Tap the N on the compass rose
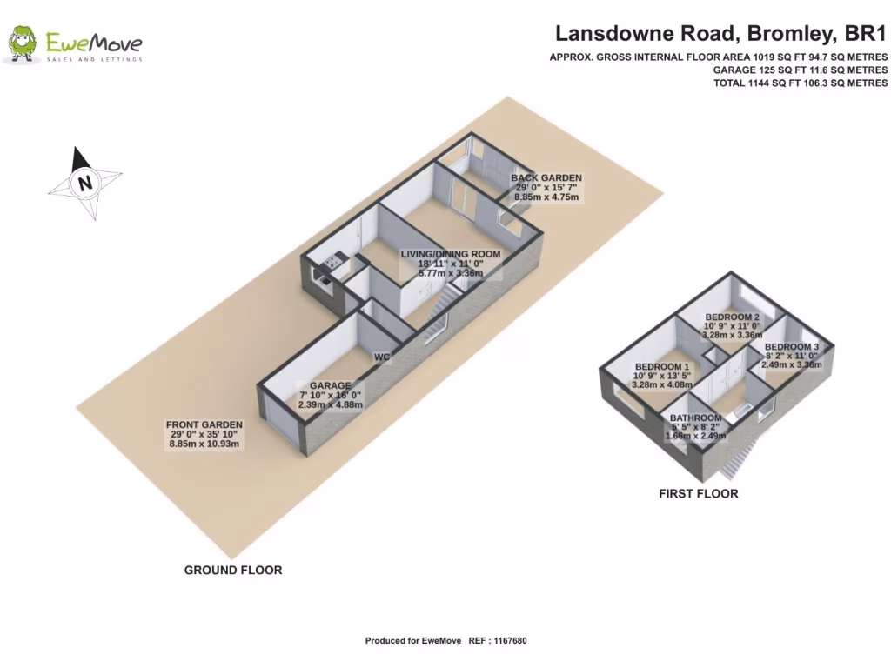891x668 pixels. click(84, 184)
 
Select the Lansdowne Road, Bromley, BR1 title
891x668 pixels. click(721, 33)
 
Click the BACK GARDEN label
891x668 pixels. click(546, 178)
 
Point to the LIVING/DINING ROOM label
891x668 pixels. click(451, 254)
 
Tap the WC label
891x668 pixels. click(381, 357)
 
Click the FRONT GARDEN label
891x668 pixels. click(204, 425)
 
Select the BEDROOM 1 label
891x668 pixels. click(662, 367)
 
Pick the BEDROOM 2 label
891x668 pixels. click(733, 317)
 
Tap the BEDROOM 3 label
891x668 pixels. click(792, 346)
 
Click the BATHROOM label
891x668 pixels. click(695, 417)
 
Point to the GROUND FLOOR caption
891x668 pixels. click(233, 571)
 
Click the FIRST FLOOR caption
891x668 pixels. click(698, 494)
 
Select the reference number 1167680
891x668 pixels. click(509, 641)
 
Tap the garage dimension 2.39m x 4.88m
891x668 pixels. click(330, 404)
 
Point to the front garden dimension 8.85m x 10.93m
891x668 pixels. click(204, 444)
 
